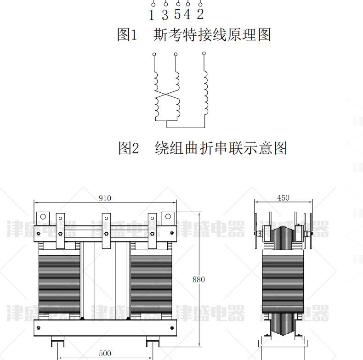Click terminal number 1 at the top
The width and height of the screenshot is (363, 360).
click(152, 15)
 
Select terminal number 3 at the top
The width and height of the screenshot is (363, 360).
click(165, 15)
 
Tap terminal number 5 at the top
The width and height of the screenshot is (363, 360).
click(177, 15)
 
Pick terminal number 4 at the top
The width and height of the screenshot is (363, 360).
click(187, 15)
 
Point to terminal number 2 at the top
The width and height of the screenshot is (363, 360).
click(200, 15)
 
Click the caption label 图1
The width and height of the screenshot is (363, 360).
click(127, 35)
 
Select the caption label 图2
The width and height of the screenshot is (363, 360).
click(129, 148)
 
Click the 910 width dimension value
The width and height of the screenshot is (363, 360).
click(105, 198)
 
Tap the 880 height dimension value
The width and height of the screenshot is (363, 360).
click(199, 279)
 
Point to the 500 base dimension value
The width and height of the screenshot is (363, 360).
click(105, 353)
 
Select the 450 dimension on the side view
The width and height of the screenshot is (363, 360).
click(284, 198)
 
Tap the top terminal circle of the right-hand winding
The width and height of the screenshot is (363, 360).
click(204, 54)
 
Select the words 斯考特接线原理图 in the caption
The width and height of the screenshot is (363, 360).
click(212, 35)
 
